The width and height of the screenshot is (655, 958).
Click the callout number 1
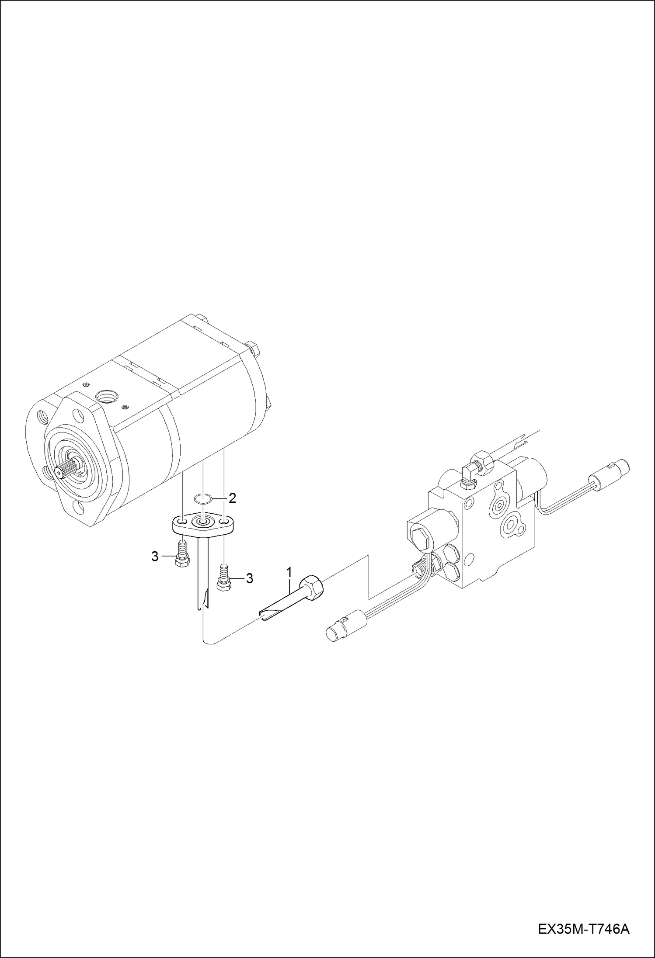coord(289,572)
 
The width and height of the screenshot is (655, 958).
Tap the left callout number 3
coord(155,557)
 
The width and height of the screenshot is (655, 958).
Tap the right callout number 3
coord(249,578)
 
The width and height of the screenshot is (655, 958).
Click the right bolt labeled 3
coord(224,577)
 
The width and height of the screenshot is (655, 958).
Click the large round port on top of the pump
coord(106,397)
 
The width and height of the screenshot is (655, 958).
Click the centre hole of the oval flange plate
coord(203,522)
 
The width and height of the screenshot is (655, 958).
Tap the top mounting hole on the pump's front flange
coord(78,413)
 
